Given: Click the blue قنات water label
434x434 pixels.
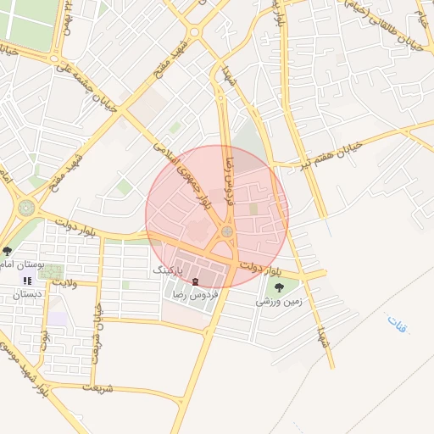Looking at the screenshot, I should pos(397,323).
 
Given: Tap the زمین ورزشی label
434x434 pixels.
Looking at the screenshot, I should pos(280,301).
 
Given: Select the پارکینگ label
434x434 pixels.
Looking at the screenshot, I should pos(168,268).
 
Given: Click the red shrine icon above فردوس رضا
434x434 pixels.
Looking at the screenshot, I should pos(196,281).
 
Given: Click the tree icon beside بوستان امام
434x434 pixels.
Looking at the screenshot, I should pos(8,251).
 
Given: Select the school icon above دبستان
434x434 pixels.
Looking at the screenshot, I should pos(28,281).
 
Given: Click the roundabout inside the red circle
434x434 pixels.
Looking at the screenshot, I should pos(227,231).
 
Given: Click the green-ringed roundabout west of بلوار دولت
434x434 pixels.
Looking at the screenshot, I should pos(27,207).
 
